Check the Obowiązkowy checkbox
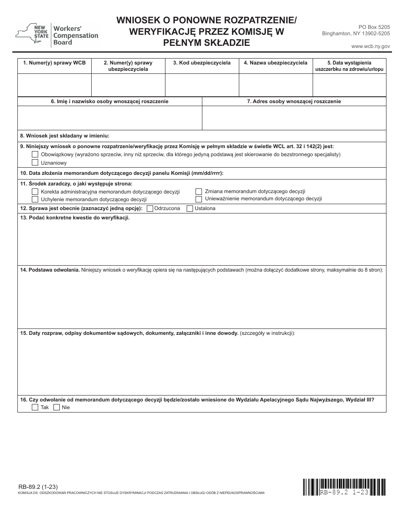[x=35, y=154]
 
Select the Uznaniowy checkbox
[x=35, y=163]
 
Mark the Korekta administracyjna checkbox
[x=35, y=192]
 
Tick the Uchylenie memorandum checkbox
[x=35, y=199]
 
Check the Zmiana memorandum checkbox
[x=199, y=191]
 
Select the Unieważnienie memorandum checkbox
[x=199, y=199]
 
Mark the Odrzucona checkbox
[x=150, y=208]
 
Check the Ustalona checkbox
[x=190, y=208]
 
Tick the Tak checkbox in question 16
[x=35, y=407]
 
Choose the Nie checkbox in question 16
[x=56, y=407]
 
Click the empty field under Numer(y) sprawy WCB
[x=54, y=85]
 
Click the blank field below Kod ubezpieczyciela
[x=202, y=85]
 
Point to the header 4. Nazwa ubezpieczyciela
[x=276, y=63]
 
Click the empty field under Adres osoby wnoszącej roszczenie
[x=294, y=118]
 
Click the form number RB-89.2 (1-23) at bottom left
[x=38, y=487]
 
